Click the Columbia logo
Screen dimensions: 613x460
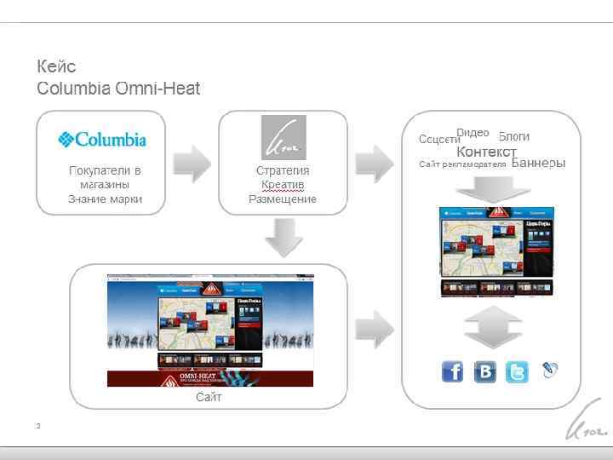tap(102, 139)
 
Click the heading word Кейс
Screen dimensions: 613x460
tap(56, 66)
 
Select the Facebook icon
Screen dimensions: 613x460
tap(452, 372)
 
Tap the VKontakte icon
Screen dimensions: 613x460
tap(484, 372)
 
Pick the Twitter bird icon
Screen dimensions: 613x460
tap(517, 372)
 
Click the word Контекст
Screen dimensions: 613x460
tap(486, 152)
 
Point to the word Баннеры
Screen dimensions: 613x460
tap(539, 163)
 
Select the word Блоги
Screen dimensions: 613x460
tap(514, 136)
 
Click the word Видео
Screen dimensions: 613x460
tap(473, 132)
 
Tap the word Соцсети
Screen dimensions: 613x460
tap(439, 140)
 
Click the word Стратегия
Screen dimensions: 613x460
tap(283, 170)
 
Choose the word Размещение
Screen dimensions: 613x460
tap(283, 199)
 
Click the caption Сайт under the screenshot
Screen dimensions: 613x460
tap(209, 397)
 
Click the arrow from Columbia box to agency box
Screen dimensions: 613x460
tap(192, 163)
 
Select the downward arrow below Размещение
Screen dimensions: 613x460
tap(283, 237)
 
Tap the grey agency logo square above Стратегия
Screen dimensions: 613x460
tap(283, 137)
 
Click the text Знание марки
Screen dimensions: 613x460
tap(105, 199)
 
